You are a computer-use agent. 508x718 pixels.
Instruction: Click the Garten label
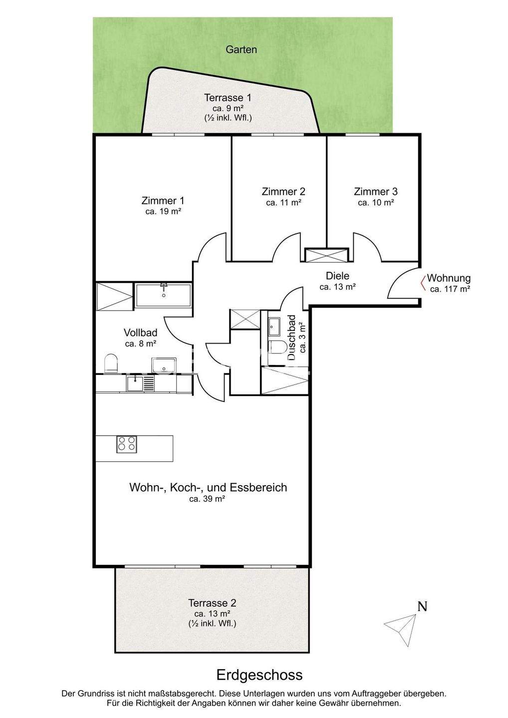click(241, 50)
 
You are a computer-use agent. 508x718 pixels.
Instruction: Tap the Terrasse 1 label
click(228, 97)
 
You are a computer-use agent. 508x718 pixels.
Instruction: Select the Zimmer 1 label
click(163, 200)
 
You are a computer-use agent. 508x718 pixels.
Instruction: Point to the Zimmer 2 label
click(283, 191)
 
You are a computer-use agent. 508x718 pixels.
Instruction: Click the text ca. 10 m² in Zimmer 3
click(376, 202)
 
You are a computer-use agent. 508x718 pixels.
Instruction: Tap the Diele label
click(337, 276)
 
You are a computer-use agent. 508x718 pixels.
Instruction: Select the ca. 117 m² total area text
click(450, 289)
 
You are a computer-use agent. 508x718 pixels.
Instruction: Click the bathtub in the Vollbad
click(163, 295)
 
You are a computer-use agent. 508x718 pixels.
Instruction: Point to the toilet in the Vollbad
click(110, 363)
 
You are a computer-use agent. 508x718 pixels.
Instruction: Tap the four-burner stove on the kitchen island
click(127, 444)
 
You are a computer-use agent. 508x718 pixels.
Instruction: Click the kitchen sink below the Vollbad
click(135, 383)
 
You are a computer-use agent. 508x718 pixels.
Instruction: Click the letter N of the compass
click(422, 606)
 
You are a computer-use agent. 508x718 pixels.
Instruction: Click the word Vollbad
click(140, 333)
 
